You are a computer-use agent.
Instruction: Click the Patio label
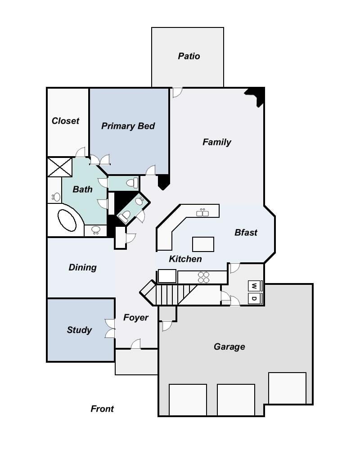coord(189,56)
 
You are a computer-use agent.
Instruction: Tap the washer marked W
coord(255,286)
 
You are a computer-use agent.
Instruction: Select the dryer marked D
coord(255,298)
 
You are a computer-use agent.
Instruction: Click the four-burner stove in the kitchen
coord(203,278)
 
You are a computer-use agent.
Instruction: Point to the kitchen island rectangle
coord(203,244)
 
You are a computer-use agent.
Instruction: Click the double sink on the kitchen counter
coord(202,213)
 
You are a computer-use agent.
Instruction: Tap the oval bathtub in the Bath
coord(67,220)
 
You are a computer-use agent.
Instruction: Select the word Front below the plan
coord(102,409)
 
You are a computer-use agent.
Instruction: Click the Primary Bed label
coord(128,126)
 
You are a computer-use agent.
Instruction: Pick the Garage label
coord(229,346)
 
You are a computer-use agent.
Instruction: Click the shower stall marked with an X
coord(60,167)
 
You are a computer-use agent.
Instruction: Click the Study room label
coord(79,330)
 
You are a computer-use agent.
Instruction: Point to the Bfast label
coord(246,233)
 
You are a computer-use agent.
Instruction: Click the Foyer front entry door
coord(136,344)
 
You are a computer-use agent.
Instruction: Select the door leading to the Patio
coord(177,92)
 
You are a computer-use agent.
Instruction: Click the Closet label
coord(65,121)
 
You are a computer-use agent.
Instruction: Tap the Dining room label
coord(83,267)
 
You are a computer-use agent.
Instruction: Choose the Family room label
coord(217,142)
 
